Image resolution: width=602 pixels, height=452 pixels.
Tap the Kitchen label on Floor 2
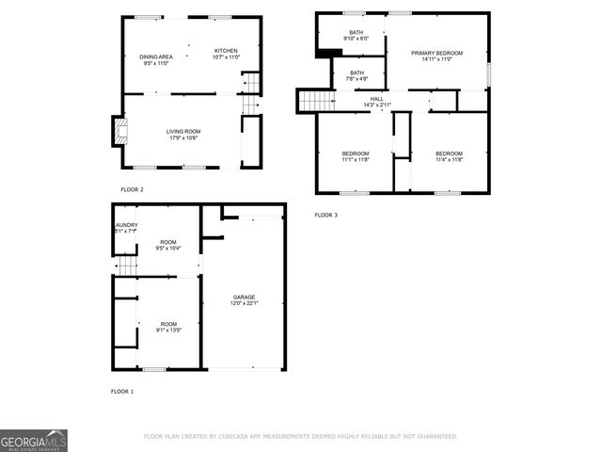pyautogui.click(x=226, y=54)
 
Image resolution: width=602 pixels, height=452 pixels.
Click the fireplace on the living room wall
pyautogui.click(x=117, y=132)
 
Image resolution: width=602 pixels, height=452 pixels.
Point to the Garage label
pyautogui.click(x=244, y=299)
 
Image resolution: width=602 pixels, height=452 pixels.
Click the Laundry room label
pyautogui.click(x=126, y=228)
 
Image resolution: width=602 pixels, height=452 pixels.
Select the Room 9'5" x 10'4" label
pyautogui.click(x=167, y=244)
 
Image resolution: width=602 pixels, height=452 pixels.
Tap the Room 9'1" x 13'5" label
pyautogui.click(x=167, y=327)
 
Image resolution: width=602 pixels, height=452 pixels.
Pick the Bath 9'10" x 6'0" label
pyautogui.click(x=356, y=36)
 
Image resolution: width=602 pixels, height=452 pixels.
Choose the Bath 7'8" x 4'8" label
pyautogui.click(x=357, y=75)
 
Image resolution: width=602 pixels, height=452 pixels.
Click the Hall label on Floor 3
pyautogui.click(x=376, y=101)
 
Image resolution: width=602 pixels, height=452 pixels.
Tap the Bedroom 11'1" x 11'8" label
pyautogui.click(x=355, y=156)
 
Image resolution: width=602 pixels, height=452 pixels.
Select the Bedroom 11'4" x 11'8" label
pyautogui.click(x=449, y=156)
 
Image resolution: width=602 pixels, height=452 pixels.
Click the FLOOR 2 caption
pyautogui.click(x=132, y=189)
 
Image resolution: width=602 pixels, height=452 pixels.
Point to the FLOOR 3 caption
pyautogui.click(x=325, y=216)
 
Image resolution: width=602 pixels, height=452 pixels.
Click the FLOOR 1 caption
pyautogui.click(x=122, y=391)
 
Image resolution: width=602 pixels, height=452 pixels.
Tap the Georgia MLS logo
pyautogui.click(x=34, y=441)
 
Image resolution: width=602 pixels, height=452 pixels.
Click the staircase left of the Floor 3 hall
pyautogui.click(x=317, y=100)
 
